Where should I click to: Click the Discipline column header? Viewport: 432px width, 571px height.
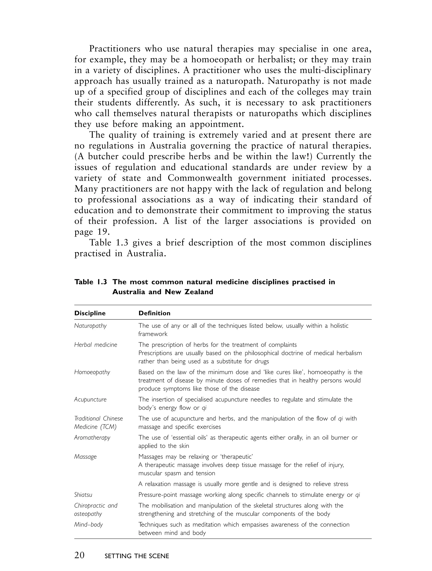click(x=90, y=313)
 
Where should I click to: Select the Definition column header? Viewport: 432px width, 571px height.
click(x=154, y=313)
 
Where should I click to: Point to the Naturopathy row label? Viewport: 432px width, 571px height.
click(x=90, y=326)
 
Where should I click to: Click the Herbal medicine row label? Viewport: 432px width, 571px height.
click(x=96, y=345)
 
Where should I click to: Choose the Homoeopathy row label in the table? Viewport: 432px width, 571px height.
click(x=92, y=372)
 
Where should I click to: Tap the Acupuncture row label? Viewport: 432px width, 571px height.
click(x=90, y=400)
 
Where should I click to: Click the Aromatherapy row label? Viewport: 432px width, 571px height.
click(x=92, y=438)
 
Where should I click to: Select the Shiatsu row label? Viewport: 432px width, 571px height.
click(x=83, y=495)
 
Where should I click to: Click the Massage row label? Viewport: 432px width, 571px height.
click(x=85, y=457)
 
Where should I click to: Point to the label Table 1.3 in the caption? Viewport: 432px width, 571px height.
click(x=90, y=282)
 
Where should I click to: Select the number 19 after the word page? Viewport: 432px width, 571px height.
click(x=102, y=232)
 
